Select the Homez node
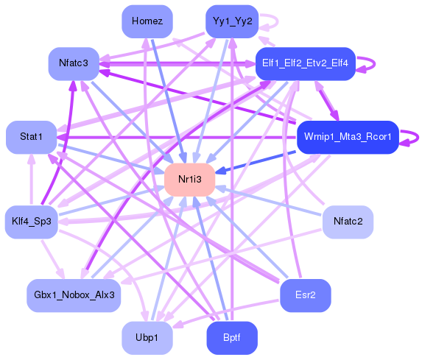click(x=147, y=21)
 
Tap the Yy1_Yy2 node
click(x=232, y=21)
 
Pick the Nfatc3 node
click(x=74, y=63)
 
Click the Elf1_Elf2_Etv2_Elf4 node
click(x=306, y=63)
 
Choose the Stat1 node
click(x=31, y=137)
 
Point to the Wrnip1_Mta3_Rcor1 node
click(x=348, y=137)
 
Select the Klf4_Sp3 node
click(x=31, y=222)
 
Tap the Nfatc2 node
click(x=348, y=222)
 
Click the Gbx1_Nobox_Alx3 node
click(x=74, y=294)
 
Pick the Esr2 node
click(x=306, y=294)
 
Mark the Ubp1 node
click(x=147, y=338)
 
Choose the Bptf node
click(x=232, y=338)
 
